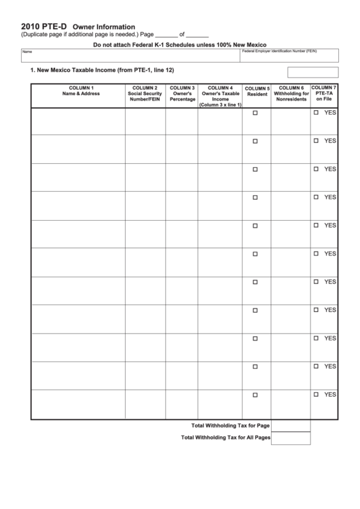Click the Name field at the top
129,58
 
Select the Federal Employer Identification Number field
289,58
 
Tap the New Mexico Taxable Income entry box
312,72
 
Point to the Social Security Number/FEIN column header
145,94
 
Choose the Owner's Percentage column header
182,94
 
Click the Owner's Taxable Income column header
220,96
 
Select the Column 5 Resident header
257,91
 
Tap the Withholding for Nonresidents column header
291,94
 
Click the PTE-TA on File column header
324,94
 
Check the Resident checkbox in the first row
255,113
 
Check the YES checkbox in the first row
316,112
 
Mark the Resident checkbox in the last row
255,395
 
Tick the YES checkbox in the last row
316,394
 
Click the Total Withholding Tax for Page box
291,425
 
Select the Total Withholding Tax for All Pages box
291,438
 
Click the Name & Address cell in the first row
77,121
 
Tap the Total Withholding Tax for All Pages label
226,438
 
